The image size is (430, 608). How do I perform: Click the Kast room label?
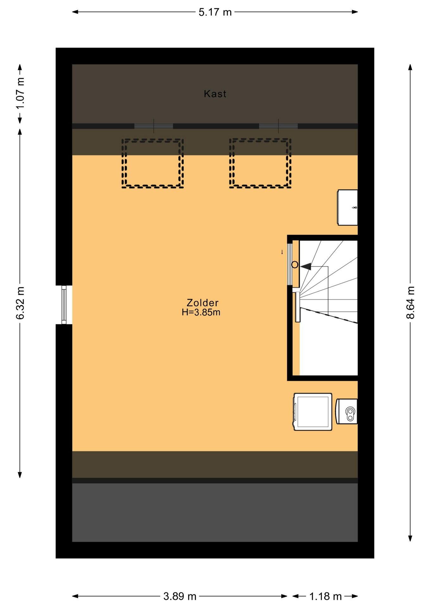pos(215,94)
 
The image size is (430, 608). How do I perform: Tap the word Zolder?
pos(202,303)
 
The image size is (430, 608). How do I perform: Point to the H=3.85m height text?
pos(201,313)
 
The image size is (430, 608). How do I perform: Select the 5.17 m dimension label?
pos(215,12)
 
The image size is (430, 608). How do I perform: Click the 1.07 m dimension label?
pos(20,94)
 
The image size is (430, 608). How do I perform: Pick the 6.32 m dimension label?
pos(20,302)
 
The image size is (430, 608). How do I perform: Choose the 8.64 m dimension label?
pos(410,302)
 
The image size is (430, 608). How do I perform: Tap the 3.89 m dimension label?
pos(180,597)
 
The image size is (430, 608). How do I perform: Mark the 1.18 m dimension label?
pos(325,597)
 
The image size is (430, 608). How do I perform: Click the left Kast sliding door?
pos(154,126)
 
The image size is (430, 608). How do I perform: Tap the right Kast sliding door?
pos(278,126)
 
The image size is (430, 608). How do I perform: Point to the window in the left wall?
pos(64,305)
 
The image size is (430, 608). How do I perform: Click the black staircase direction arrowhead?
pos(306,267)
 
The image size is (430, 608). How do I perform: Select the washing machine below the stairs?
pos(313,412)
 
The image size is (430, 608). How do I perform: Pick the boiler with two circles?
pos(347,411)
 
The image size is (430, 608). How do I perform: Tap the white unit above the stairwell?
pos(347,207)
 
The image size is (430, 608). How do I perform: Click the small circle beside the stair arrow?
pos(295,265)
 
